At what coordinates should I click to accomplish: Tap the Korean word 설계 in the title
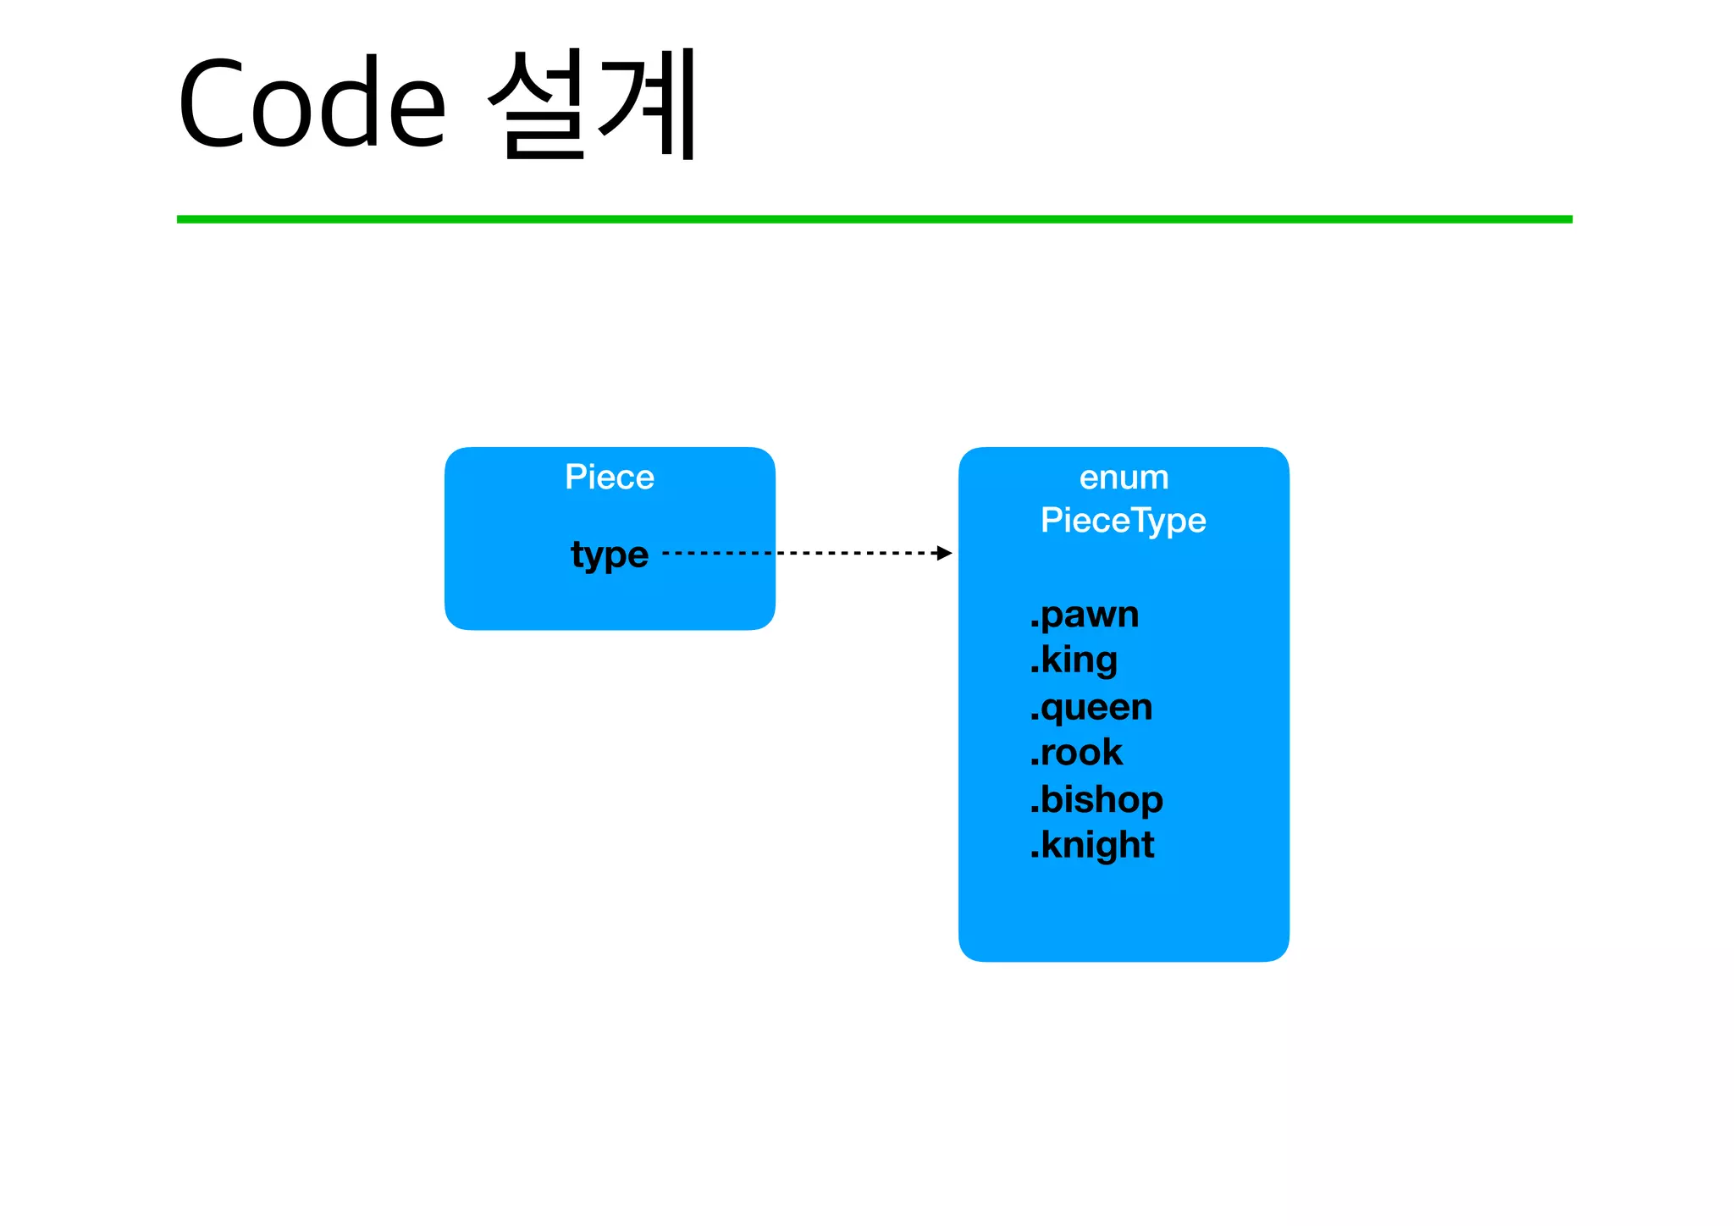[x=594, y=103]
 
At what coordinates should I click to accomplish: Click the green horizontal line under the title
[x=874, y=219]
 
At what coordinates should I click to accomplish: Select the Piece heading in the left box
[x=610, y=478]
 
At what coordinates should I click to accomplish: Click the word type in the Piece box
[x=610, y=555]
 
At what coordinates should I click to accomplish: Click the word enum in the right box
[x=1124, y=478]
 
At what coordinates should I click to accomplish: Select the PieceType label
[x=1124, y=520]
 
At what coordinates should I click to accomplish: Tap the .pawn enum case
[x=1085, y=615]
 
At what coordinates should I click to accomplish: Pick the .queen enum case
[x=1091, y=708]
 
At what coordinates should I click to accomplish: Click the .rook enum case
[x=1076, y=753]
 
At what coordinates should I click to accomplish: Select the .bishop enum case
[x=1096, y=799]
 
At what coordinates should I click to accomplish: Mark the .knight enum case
[x=1092, y=845]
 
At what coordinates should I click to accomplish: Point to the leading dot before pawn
[x=1034, y=625]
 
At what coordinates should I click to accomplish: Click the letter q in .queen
[x=1052, y=710]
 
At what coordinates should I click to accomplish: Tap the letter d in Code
[x=350, y=103]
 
